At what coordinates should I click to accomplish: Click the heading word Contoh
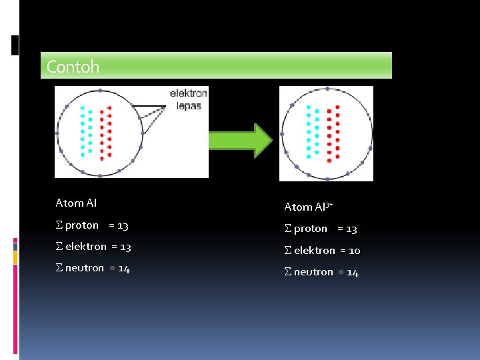(x=73, y=67)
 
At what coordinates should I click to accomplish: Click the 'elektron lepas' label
(x=189, y=99)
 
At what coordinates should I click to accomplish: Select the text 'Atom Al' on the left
(x=76, y=203)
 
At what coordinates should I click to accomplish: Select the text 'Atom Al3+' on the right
(x=308, y=207)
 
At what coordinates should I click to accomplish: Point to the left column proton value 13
(x=122, y=225)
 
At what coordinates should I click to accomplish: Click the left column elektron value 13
(x=125, y=247)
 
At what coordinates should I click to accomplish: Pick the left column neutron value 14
(x=123, y=268)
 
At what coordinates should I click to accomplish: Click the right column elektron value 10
(x=354, y=251)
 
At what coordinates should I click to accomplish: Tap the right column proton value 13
(x=351, y=229)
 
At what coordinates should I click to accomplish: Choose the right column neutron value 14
(x=352, y=272)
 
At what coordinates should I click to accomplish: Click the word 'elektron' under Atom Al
(x=86, y=247)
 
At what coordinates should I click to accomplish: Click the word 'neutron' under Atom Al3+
(x=313, y=272)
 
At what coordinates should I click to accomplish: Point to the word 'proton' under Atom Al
(x=82, y=225)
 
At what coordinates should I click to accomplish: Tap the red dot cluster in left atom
(x=105, y=133)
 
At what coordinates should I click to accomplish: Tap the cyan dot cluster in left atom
(x=86, y=130)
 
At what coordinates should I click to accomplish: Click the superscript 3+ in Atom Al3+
(x=329, y=203)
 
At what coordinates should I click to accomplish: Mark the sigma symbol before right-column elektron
(x=288, y=251)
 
